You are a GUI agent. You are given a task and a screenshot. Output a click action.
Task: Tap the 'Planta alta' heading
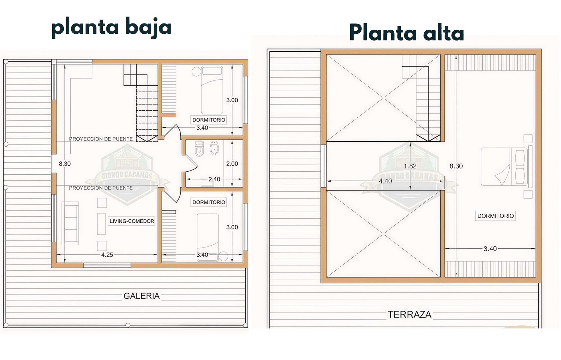[406, 32]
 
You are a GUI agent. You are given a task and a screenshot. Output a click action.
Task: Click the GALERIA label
[141, 296]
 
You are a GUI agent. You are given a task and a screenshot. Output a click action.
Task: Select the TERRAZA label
[409, 315]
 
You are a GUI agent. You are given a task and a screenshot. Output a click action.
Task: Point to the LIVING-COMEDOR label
[132, 221]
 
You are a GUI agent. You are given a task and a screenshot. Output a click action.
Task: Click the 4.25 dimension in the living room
[107, 255]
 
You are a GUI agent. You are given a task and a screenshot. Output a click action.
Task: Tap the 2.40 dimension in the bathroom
[214, 179]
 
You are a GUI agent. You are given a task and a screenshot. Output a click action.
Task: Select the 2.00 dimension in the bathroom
[232, 164]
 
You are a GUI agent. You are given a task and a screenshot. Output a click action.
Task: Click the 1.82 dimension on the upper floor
[410, 166]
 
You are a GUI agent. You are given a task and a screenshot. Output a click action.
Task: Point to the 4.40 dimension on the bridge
[385, 181]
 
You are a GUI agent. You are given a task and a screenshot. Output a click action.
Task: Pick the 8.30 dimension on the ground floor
[65, 164]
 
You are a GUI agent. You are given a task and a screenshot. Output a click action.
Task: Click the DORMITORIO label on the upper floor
[495, 216]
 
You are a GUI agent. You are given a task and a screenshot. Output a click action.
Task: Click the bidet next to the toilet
[214, 148]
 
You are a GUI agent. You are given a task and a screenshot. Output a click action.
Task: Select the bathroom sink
[207, 182]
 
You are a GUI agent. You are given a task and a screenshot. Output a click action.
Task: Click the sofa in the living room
[70, 223]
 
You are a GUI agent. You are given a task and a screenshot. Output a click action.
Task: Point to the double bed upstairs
[504, 166]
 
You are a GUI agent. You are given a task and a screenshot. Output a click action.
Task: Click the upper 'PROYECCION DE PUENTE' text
[101, 139]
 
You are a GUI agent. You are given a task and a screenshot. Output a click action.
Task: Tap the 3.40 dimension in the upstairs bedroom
[490, 249]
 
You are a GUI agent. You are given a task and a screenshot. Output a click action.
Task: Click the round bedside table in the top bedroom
[196, 72]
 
